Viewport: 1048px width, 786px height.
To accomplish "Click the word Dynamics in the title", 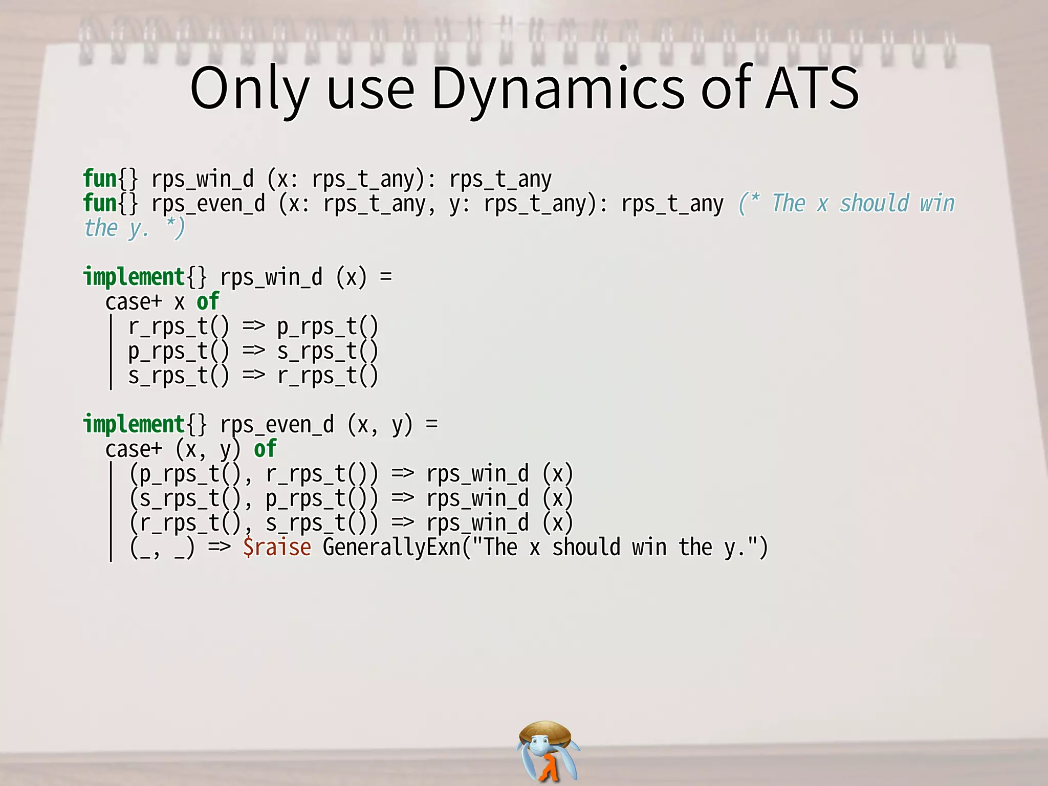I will (x=558, y=88).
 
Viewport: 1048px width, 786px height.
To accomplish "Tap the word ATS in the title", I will (x=812, y=88).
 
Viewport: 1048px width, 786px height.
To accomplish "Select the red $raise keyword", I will (x=276, y=547).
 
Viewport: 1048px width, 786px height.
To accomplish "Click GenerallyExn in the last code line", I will (x=392, y=547).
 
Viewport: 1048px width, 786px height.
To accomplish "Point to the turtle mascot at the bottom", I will (x=547, y=750).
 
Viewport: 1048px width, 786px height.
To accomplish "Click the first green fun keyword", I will (x=100, y=179).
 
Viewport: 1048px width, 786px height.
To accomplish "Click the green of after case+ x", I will (x=208, y=301).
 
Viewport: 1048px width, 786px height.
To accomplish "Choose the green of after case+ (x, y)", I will (x=265, y=449).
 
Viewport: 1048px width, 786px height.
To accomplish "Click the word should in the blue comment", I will (x=874, y=203).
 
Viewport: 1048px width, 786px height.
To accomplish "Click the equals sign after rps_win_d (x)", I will (x=386, y=277).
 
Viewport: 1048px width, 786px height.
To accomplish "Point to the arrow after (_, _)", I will (x=219, y=547).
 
